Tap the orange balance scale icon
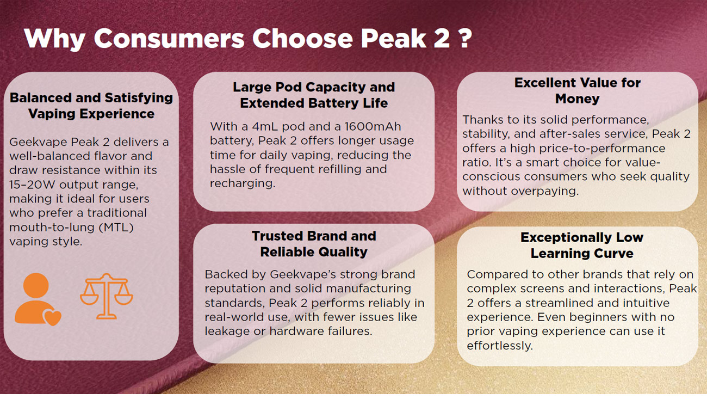pos(107,296)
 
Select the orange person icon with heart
pos(38,299)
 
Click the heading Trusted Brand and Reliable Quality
pos(314,244)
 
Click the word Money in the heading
pos(577,99)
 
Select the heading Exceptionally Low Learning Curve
pos(582,245)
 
